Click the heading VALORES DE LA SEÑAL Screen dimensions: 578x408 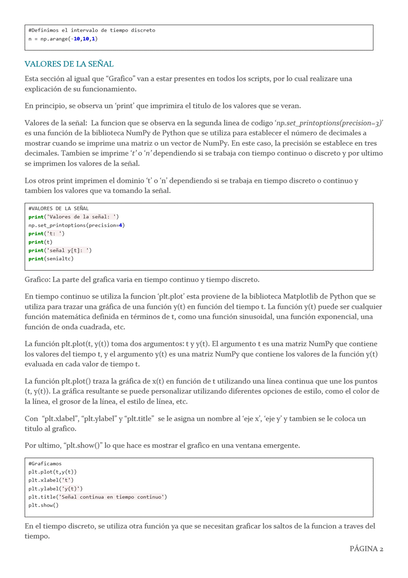[69, 64]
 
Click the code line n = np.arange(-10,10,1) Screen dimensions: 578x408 [63, 39]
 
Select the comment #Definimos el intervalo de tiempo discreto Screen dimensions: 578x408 [92, 30]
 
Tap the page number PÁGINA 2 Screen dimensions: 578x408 [366, 549]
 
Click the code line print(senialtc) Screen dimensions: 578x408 [51, 258]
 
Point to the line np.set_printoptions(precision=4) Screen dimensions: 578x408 [77, 225]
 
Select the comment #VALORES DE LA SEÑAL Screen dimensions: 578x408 [59, 208]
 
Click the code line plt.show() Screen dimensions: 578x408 [44, 505]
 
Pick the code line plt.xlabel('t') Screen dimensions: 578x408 [51, 480]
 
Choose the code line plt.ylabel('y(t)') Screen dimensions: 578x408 [56, 488]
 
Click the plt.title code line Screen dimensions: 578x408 [98, 497]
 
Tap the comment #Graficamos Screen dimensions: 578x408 [45, 464]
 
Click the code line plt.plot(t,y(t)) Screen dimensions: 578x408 [52, 472]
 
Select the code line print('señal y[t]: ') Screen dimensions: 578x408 [60, 250]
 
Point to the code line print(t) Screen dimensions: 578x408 [40, 242]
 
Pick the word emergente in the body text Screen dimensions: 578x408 [281, 445]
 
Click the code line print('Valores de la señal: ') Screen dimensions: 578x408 [74, 217]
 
